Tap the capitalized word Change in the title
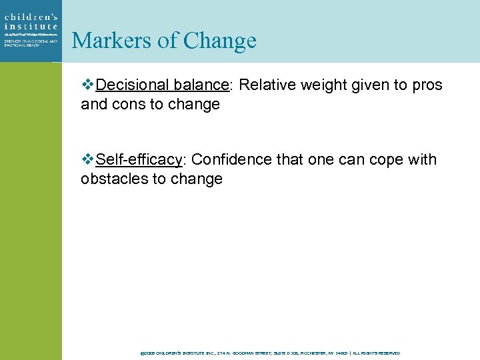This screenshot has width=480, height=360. pos(219,41)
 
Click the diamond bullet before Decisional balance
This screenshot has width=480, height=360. pos(87,85)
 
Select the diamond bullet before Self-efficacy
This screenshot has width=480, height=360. pos(87,160)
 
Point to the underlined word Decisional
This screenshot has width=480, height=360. pos(133,85)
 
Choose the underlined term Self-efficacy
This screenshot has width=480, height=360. pos(139,160)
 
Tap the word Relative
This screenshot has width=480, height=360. pos(264,85)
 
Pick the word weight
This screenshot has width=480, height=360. pos(317,85)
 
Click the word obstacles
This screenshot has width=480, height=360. pos(109,179)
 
